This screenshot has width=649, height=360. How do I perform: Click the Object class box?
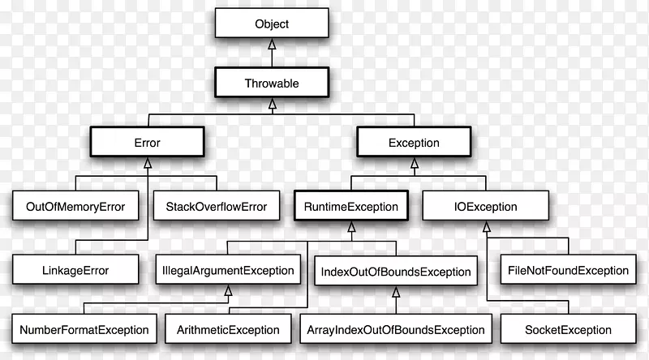click(271, 24)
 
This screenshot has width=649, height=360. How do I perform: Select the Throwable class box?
click(271, 82)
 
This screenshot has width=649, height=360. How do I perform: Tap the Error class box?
click(147, 143)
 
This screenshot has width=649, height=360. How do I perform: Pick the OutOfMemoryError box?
click(70, 206)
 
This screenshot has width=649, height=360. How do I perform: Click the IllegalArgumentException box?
click(229, 269)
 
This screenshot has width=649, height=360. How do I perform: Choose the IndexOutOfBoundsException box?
click(397, 269)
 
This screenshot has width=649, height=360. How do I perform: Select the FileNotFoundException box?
click(568, 269)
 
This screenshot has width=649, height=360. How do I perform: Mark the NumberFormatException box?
click(84, 330)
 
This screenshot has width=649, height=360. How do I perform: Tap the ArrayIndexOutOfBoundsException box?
click(397, 330)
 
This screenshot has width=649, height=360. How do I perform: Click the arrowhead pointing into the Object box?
click(271, 45)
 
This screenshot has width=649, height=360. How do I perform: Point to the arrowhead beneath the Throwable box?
click(271, 103)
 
